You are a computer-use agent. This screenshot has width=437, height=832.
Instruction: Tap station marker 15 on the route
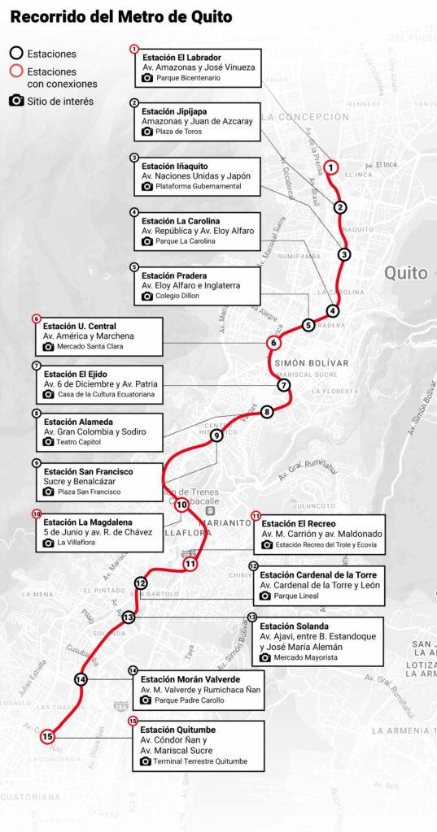coord(47,736)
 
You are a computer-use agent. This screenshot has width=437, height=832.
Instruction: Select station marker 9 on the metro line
coord(216,435)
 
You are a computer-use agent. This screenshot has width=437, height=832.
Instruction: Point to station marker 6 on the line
coord(274,343)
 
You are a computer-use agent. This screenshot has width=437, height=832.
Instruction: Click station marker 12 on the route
coord(141,583)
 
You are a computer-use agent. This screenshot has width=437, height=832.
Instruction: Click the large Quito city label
coord(405,273)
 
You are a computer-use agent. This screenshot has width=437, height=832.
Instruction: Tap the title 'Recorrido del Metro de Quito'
coord(120,16)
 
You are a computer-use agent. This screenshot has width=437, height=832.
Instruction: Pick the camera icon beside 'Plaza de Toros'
coord(147,132)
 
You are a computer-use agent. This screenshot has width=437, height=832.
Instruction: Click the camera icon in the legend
coord(15,101)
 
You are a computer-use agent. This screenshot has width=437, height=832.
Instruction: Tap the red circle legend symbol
coord(15,71)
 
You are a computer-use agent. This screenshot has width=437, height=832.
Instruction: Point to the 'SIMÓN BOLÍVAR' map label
coord(312,362)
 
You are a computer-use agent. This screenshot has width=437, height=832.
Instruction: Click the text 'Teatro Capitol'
coord(82,442)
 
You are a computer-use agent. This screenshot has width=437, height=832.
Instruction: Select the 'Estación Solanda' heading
coord(294,626)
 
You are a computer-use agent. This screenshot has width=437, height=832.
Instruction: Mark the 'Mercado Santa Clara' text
coord(90,346)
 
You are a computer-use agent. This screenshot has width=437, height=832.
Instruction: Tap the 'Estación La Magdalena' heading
coord(90,522)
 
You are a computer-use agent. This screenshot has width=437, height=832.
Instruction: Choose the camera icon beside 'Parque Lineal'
coord(264,596)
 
